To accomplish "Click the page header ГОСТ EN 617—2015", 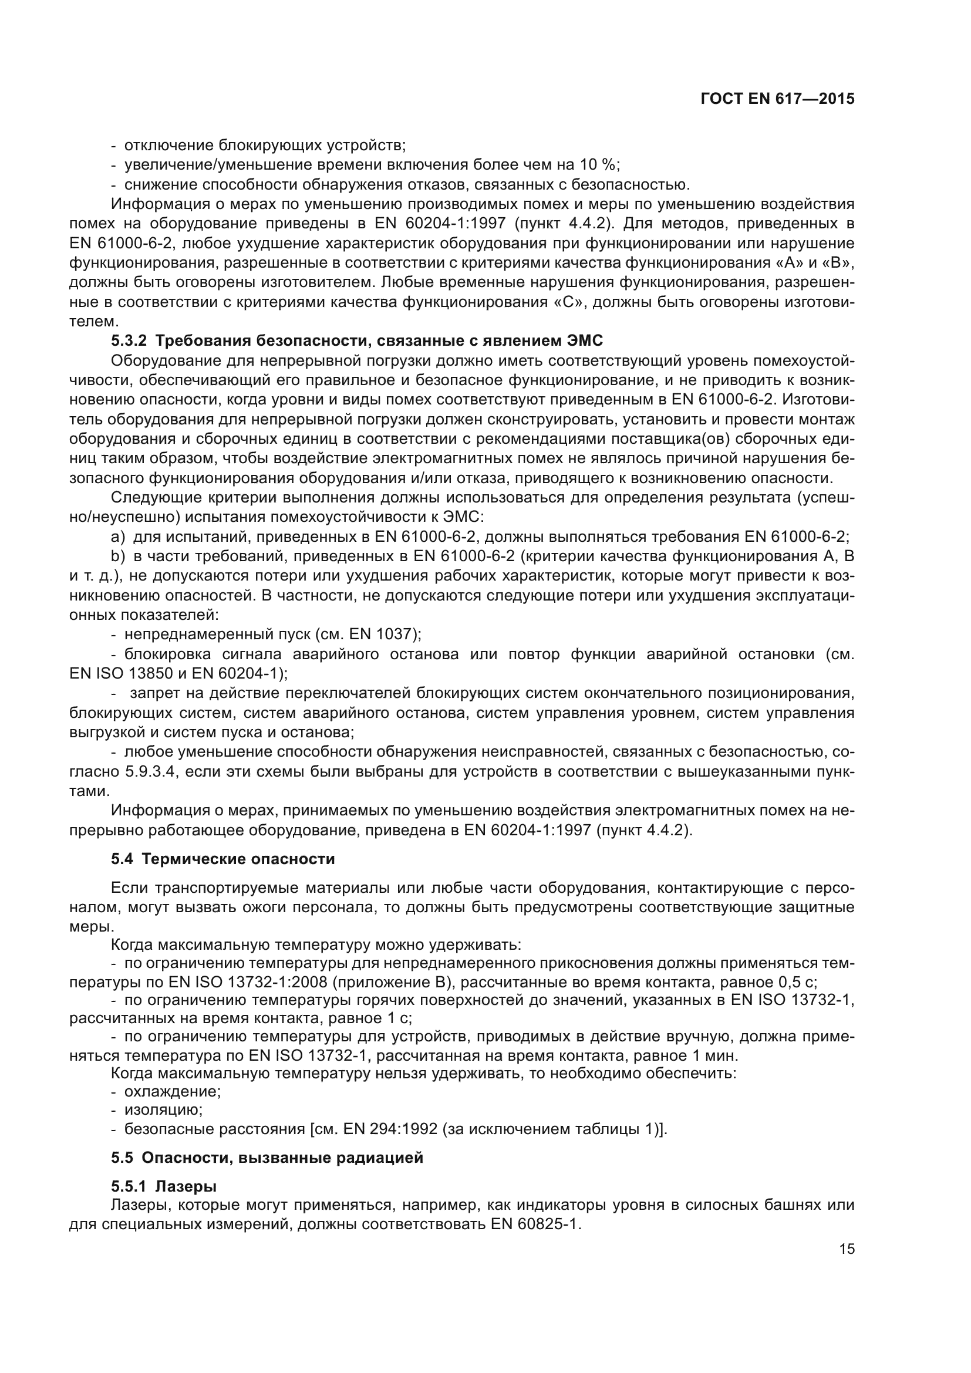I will [x=777, y=99].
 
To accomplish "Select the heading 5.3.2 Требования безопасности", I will [x=357, y=341].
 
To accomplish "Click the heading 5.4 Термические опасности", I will [x=223, y=859].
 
